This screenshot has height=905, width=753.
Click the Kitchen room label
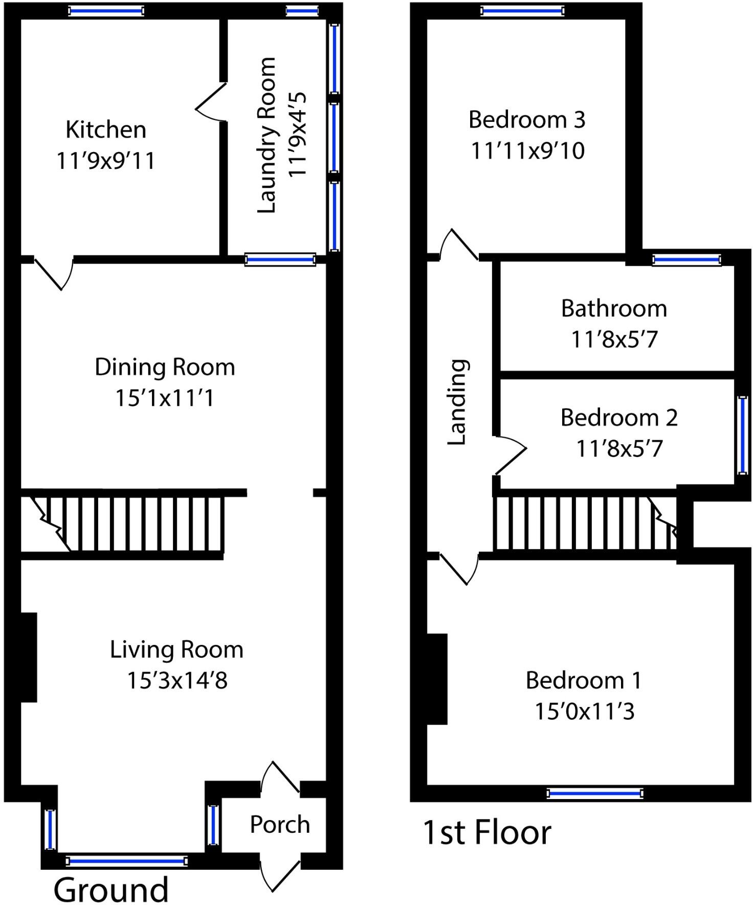pos(106,130)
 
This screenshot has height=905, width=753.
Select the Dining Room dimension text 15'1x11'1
pos(165,398)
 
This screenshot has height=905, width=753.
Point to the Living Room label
pos(176,650)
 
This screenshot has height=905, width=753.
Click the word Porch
pos(280,825)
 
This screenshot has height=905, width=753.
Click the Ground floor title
pos(111,890)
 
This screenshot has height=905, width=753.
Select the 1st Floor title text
pos(486,832)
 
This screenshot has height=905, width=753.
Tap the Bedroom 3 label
pos(526,120)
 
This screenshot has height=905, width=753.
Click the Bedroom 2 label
pos(618,418)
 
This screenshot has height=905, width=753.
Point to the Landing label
pos(458,402)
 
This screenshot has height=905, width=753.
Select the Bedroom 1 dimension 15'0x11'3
pos(584,712)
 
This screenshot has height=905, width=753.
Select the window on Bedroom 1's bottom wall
pos(594,794)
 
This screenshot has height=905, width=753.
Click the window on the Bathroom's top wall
pos(686,260)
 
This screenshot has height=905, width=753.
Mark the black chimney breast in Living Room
pos(28,657)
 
